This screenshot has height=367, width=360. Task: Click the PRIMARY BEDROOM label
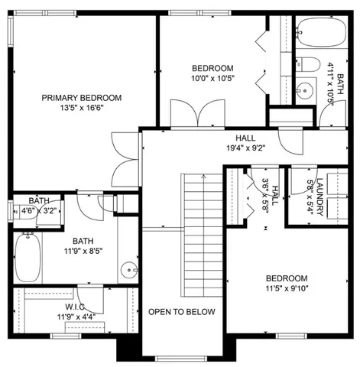click(x=82, y=97)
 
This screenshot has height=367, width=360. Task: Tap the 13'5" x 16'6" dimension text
click(x=82, y=109)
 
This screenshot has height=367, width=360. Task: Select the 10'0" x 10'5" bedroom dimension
click(x=212, y=78)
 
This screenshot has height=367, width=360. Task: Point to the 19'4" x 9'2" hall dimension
click(x=245, y=148)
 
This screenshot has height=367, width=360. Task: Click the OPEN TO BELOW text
click(x=182, y=312)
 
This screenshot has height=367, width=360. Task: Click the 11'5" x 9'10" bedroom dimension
click(x=287, y=289)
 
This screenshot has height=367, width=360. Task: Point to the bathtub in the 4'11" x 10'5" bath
click(x=316, y=32)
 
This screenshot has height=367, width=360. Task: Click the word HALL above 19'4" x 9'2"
click(x=245, y=138)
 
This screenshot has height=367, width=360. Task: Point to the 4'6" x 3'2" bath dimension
click(x=39, y=210)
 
